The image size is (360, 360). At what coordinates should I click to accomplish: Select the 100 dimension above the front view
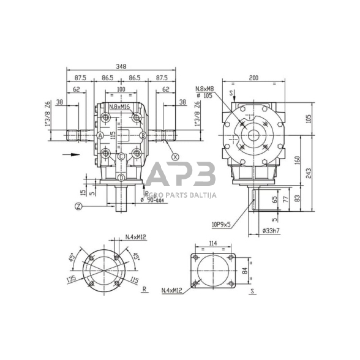[x=121, y=90]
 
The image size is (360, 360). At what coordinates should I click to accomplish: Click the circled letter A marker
[x=100, y=135]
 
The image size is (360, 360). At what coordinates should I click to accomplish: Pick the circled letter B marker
[x=142, y=135]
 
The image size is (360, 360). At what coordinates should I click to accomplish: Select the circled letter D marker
[x=121, y=178]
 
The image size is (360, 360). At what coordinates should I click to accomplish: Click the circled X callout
[x=176, y=157]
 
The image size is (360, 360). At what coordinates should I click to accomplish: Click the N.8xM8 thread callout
[x=206, y=90]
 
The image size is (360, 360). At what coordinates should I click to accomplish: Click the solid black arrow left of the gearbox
[x=71, y=155]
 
